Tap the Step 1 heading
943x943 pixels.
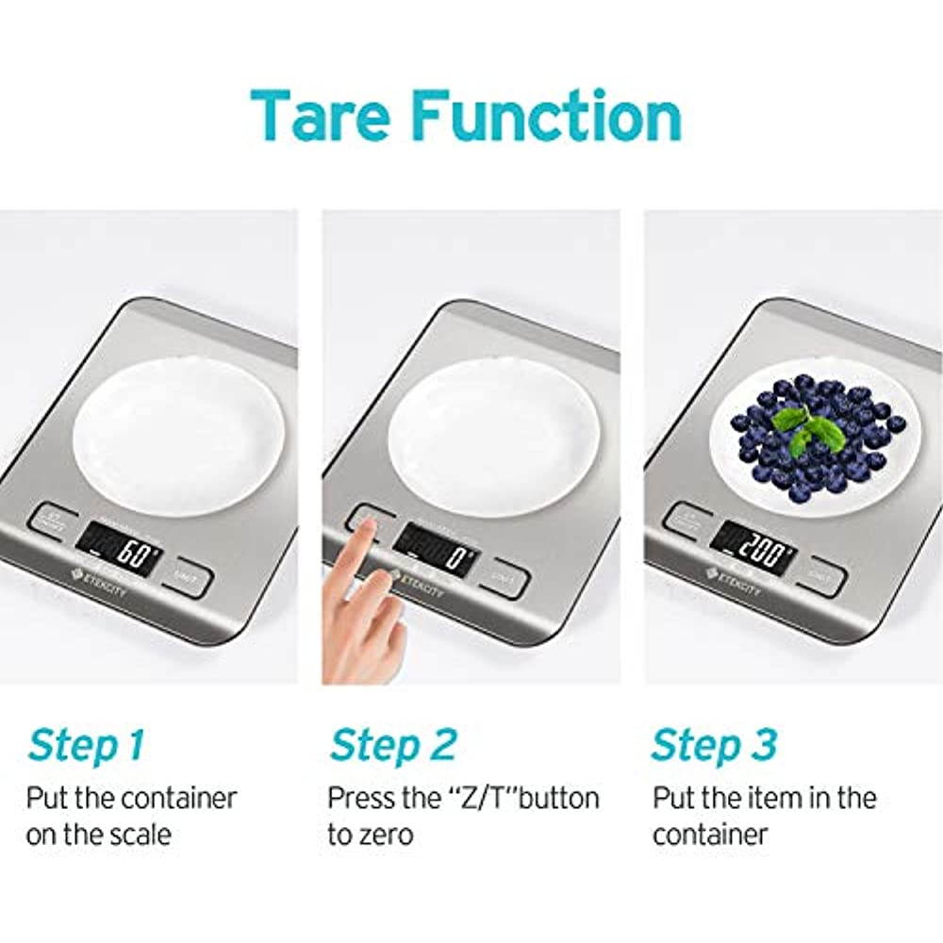tap(86, 745)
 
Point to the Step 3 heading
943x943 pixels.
tap(714, 745)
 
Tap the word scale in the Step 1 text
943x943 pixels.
tap(141, 835)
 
